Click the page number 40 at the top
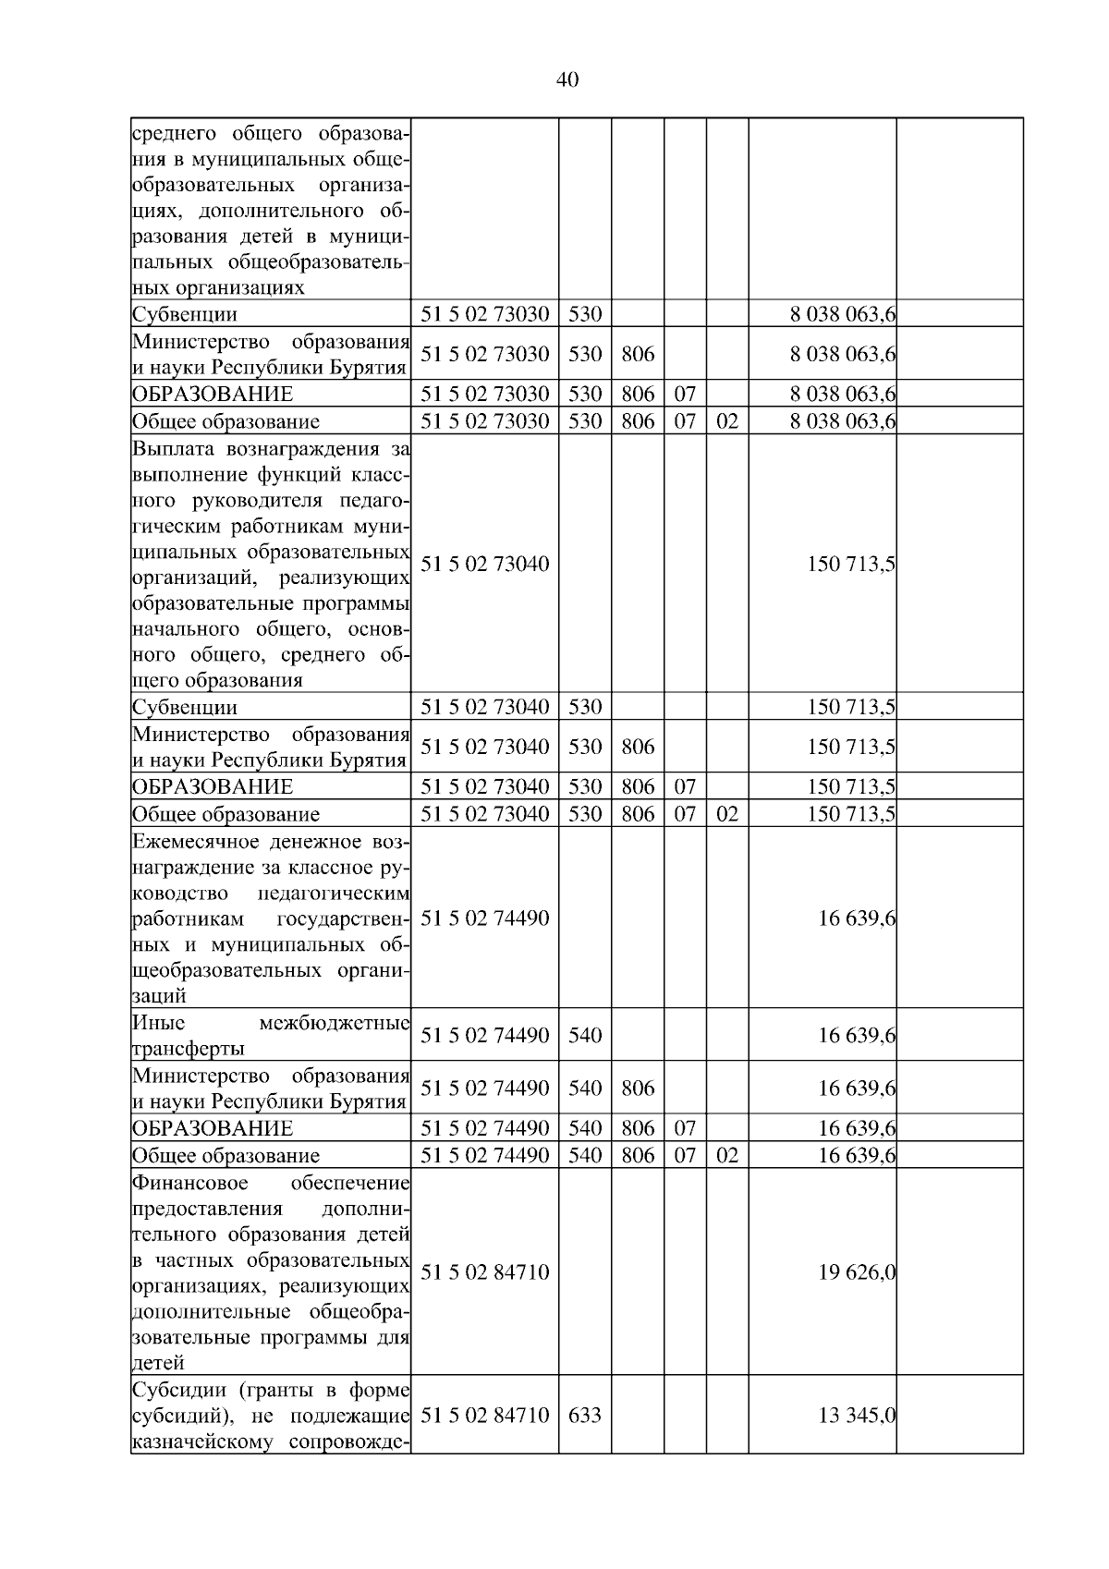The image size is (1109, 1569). pos(567,80)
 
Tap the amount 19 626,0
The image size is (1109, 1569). pos(857,1272)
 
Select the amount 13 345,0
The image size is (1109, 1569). pos(857,1415)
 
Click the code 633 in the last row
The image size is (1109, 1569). pos(584,1415)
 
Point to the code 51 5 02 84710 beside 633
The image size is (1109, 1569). pos(485,1415)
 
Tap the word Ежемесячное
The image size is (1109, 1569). pos(194,842)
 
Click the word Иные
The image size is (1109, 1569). pos(158,1023)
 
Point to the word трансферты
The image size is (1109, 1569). pos(189,1049)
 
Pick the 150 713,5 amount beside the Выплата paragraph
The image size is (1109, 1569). pos(850,564)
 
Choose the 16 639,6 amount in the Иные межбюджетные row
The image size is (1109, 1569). pos(857,1035)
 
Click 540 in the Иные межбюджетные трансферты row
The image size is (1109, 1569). pos(584,1035)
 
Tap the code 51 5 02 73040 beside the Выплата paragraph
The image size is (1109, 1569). pos(485,564)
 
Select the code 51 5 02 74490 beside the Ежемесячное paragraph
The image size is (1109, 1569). pos(485,918)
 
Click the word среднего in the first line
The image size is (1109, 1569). pos(174,133)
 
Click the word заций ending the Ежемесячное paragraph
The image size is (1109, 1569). pos(159,997)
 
